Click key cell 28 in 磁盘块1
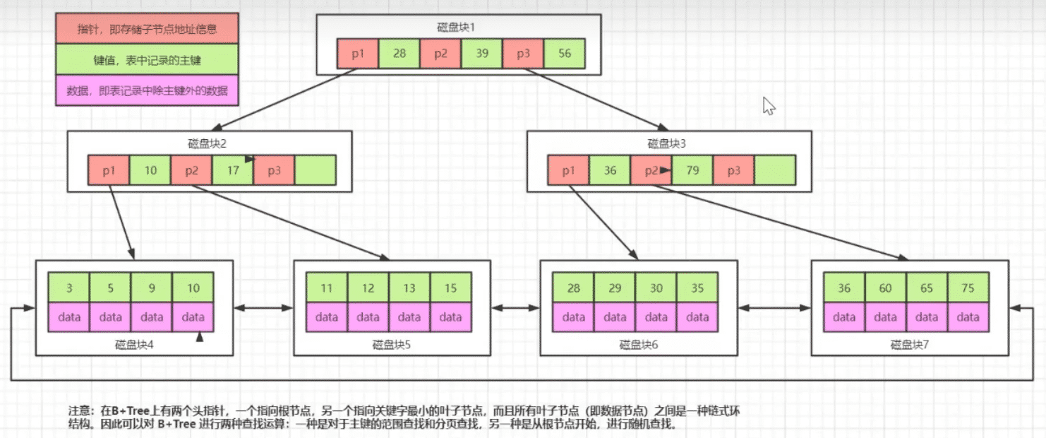(399, 54)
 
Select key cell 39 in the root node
(482, 54)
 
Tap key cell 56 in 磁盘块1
(565, 54)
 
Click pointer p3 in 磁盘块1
(523, 54)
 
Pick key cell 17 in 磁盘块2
(233, 170)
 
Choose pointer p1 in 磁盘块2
(109, 170)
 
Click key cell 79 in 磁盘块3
(692, 170)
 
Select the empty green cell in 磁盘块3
(775, 170)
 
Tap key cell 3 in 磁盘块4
(69, 288)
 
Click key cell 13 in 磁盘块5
(409, 288)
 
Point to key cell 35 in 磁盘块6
(697, 288)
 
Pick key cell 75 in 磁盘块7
(968, 288)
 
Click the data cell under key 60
(885, 317)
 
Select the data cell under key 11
(327, 317)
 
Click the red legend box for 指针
(148, 30)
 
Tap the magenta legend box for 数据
(148, 91)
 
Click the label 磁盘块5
(391, 345)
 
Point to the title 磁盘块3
(667, 143)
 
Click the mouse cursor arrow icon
(769, 106)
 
